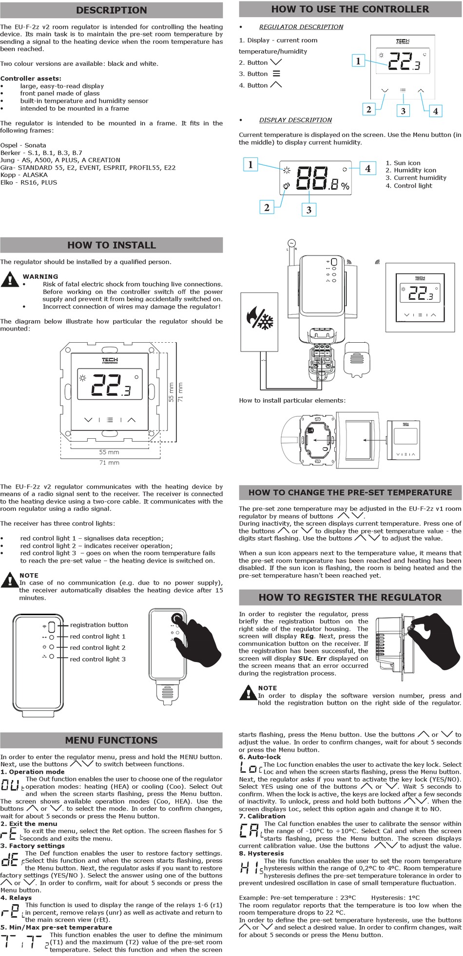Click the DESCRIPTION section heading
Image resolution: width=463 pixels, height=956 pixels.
click(x=111, y=10)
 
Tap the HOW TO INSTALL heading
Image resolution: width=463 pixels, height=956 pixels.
click(x=111, y=245)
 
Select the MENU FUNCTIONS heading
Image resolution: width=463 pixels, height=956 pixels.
click(x=111, y=740)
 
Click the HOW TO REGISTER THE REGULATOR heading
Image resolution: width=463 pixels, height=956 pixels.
click(x=350, y=597)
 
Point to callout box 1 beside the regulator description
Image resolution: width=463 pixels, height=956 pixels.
click(x=358, y=61)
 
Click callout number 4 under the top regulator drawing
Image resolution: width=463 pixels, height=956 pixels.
click(x=435, y=111)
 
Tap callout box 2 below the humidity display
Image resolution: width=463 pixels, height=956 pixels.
click(x=267, y=207)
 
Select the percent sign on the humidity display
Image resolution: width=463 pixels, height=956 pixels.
click(x=345, y=186)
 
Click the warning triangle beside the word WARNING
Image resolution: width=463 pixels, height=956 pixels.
click(x=10, y=280)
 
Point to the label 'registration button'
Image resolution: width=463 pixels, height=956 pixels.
click(x=99, y=625)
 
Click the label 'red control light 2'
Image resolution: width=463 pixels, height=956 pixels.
click(x=97, y=647)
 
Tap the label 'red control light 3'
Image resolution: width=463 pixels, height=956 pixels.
click(x=97, y=659)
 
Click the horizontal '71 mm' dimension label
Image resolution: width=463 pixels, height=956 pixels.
click(x=109, y=463)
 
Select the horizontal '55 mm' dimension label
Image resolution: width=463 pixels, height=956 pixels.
click(x=109, y=452)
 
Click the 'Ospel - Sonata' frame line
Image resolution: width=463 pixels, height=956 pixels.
click(x=23, y=145)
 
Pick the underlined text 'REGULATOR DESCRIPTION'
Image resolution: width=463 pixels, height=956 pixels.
click(x=301, y=27)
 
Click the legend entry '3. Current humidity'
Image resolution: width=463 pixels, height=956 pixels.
click(x=416, y=178)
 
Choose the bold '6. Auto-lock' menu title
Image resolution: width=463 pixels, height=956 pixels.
click(x=260, y=757)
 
